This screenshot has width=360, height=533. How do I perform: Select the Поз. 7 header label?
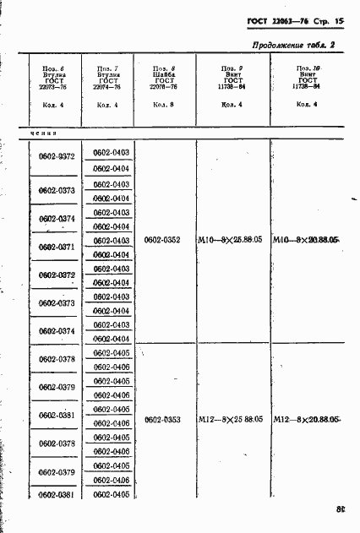pyautogui.click(x=106, y=68)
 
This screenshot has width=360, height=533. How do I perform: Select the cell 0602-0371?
pyautogui.click(x=57, y=247)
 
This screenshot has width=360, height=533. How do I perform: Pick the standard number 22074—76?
pyautogui.click(x=106, y=87)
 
